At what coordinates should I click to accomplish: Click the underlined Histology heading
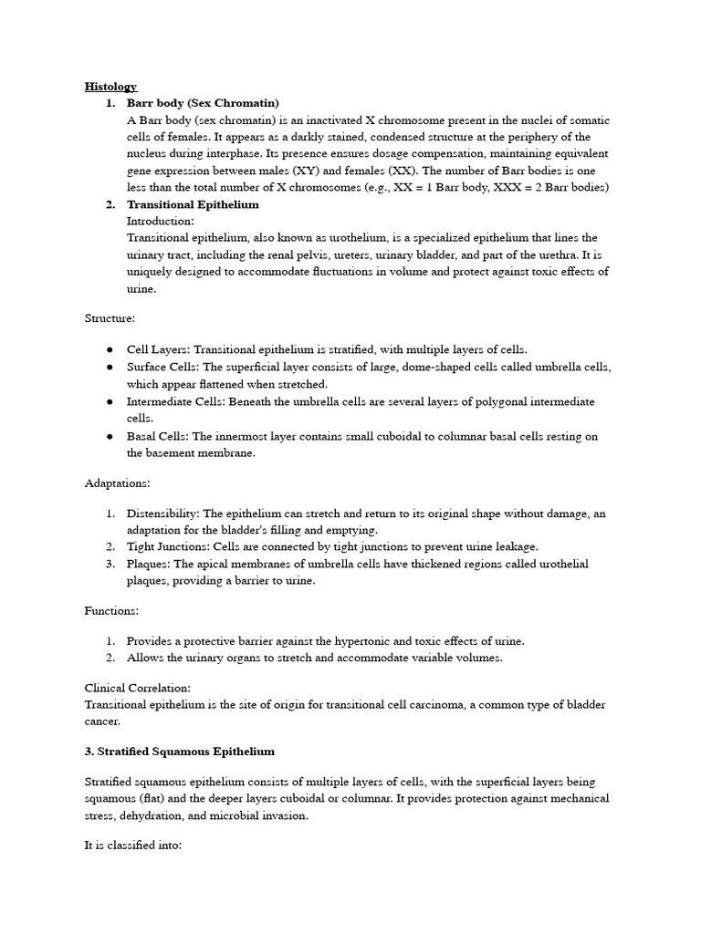coord(110,87)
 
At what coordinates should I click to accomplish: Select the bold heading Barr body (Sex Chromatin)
coord(203,103)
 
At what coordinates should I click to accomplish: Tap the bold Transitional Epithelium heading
coord(193,204)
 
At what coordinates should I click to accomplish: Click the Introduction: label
coord(160,221)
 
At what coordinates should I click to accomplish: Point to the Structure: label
coord(110,318)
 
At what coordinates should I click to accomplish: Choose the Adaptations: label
coord(118,482)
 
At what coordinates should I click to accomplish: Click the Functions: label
coord(112,609)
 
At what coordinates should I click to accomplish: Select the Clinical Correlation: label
coord(138,688)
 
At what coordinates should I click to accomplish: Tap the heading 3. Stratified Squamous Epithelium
coord(179,752)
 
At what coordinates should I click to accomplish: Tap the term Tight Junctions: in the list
coord(169,546)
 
